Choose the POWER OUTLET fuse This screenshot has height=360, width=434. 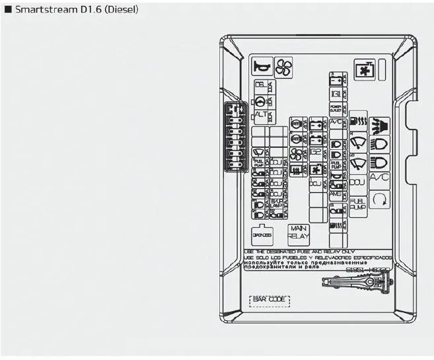point(336,107)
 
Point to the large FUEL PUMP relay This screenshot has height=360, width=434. point(357,204)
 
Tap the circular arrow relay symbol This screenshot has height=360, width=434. point(380,199)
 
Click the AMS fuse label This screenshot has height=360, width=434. point(336,194)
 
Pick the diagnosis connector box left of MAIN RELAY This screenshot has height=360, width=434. point(262,234)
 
